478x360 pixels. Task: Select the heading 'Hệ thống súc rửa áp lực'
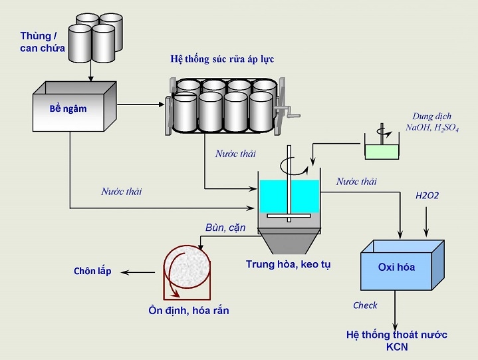[221, 59]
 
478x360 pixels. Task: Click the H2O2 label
[427, 196]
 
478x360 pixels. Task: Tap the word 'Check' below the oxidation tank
[365, 305]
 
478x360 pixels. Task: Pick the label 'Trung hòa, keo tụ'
[288, 264]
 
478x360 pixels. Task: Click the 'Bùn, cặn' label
[225, 228]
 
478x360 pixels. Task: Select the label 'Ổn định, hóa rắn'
[189, 310]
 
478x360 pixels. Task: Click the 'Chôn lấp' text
[92, 271]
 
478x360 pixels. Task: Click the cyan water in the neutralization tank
[288, 196]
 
